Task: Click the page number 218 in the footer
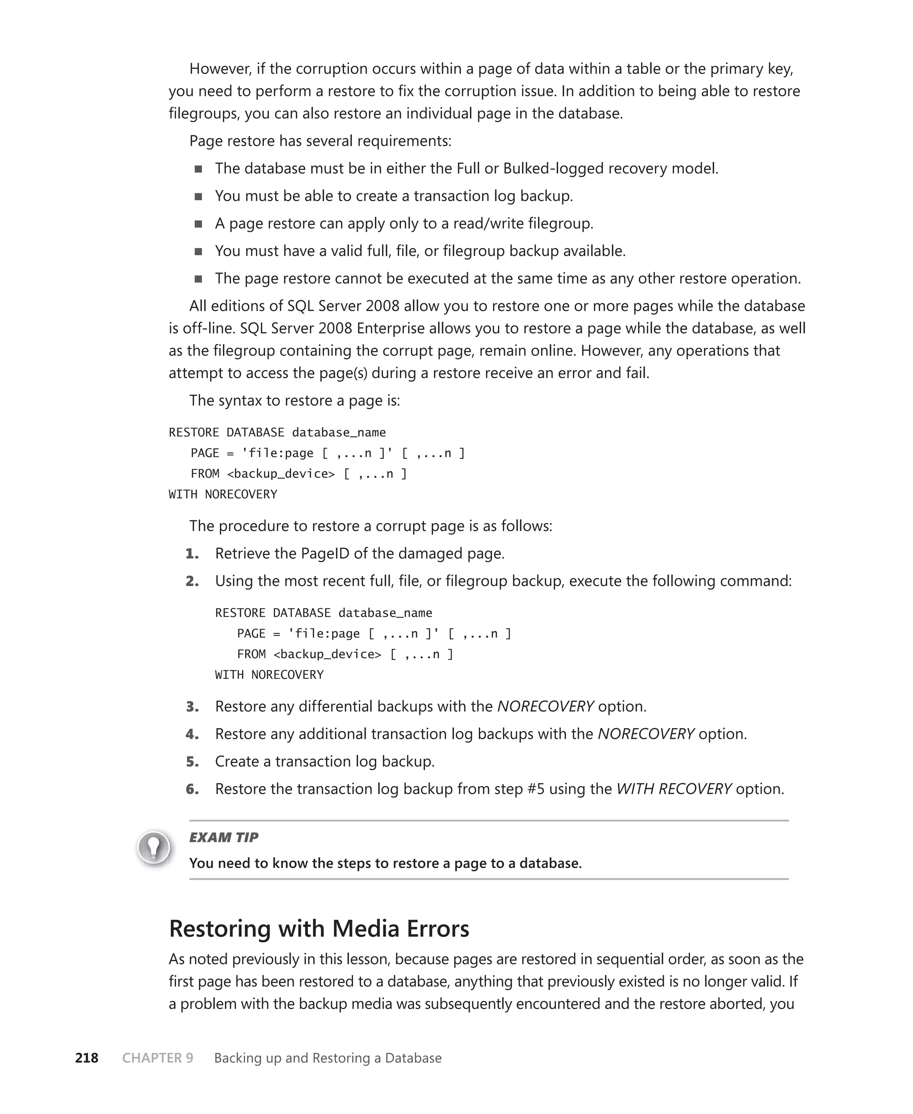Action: point(87,1058)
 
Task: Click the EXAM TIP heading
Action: point(223,838)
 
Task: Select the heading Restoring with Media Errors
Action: point(319,928)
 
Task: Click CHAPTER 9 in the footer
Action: point(157,1058)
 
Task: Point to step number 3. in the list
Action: point(193,706)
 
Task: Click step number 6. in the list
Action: point(193,789)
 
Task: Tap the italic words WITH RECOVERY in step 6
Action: point(674,789)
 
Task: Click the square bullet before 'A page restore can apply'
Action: point(198,223)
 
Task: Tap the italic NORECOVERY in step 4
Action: point(646,734)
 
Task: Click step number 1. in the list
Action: point(193,553)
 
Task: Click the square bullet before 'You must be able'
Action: point(198,196)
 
